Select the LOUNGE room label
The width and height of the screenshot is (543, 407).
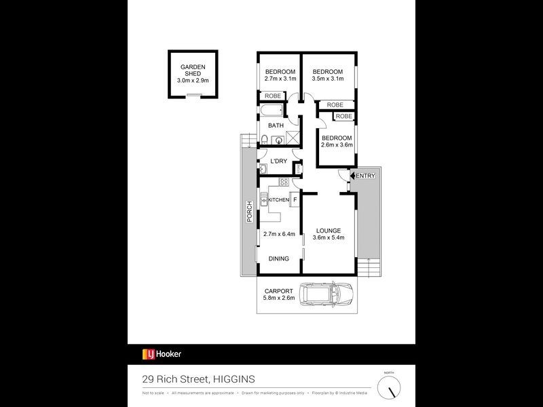coord(329,231)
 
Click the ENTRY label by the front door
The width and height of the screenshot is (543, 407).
coord(365,176)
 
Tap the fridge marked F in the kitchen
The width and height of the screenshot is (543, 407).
coord(295,200)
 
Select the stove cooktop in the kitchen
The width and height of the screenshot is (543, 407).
coord(285,182)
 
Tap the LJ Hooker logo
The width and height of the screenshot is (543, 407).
coord(162,353)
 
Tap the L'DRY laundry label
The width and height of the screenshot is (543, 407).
coord(279,161)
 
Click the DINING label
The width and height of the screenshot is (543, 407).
coord(279,258)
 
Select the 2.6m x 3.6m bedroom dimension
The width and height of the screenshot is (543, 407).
coord(337,144)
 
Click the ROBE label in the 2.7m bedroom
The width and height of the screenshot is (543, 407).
coord(273,96)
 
